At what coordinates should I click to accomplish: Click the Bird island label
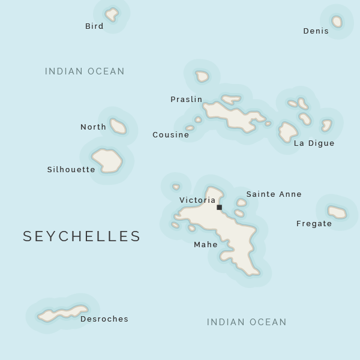[x=94, y=26]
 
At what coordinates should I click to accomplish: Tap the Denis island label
[x=316, y=31]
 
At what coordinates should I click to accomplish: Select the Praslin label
[x=186, y=100]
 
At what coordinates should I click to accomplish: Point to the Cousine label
[x=170, y=135]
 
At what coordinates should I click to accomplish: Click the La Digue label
[x=314, y=143]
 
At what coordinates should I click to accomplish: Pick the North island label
[x=93, y=127]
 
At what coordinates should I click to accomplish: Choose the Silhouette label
[x=71, y=170]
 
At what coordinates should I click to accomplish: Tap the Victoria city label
[x=197, y=200]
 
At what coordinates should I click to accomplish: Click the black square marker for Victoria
[x=219, y=208]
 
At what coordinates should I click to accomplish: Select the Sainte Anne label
[x=274, y=194]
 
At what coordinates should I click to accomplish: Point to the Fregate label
[x=314, y=224]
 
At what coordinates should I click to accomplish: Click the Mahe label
[x=205, y=245]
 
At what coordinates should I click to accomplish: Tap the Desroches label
[x=104, y=319]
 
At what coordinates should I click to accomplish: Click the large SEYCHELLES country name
[x=82, y=236]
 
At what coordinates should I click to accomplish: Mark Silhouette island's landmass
[x=107, y=161]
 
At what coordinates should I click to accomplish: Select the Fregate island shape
[x=337, y=212]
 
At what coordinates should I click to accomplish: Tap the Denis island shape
[x=337, y=22]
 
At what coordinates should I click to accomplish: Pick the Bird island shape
[x=112, y=14]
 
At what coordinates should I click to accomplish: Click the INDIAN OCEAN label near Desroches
[x=247, y=322]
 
